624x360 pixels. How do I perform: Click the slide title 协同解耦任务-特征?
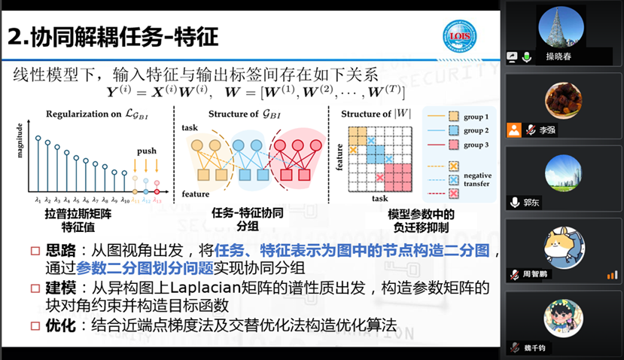[113, 35]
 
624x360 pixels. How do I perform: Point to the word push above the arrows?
[147, 151]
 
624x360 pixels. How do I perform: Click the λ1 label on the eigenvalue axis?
[37, 199]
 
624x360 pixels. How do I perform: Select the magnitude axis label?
[21, 150]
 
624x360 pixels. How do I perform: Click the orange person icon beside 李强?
[514, 130]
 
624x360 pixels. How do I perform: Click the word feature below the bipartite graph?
[196, 195]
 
